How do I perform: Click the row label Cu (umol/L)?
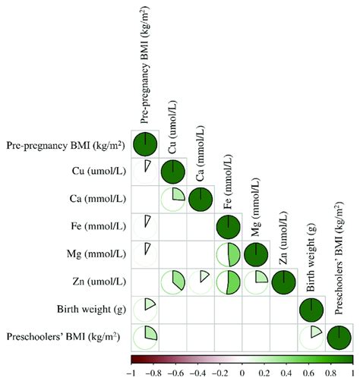[99, 172]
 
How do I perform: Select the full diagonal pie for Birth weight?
[310, 309]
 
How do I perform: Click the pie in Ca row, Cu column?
[173, 199]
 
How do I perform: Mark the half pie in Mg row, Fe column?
[228, 254]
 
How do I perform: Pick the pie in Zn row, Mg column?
[255, 282]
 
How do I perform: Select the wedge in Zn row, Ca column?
[201, 282]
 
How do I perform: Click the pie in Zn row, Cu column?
[173, 282]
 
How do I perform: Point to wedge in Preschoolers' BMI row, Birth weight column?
[310, 336]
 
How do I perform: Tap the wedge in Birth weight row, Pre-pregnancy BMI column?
[146, 309]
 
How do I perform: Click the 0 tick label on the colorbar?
[242, 373]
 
